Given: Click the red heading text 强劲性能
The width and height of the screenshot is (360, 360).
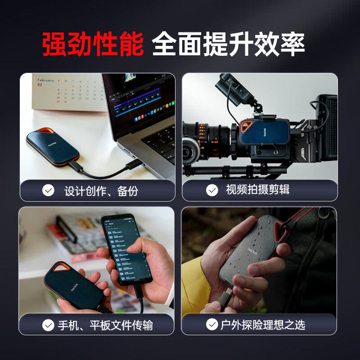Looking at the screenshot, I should (93, 44).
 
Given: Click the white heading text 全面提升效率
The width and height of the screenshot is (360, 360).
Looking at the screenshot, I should (229, 44).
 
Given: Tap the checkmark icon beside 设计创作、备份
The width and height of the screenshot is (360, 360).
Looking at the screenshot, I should (48, 190).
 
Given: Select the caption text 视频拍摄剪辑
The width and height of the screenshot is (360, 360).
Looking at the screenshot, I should (257, 190).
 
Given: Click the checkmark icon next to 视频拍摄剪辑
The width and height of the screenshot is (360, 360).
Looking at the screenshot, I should (212, 190).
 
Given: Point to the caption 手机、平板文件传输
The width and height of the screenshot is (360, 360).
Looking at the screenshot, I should (105, 325).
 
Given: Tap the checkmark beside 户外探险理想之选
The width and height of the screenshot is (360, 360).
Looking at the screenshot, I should (211, 324).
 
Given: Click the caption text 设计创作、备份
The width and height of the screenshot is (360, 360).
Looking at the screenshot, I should (101, 191).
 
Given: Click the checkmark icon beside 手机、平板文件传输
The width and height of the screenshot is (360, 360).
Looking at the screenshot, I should (48, 325).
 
